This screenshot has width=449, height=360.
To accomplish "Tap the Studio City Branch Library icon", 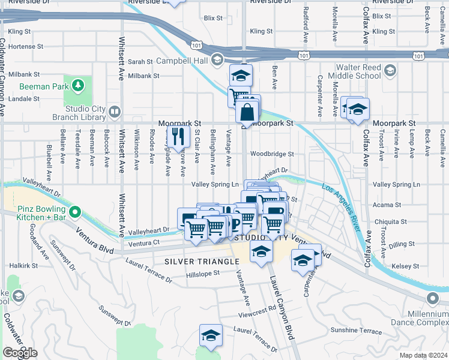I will (114, 112).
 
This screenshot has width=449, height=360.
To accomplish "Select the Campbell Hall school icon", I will (216, 61).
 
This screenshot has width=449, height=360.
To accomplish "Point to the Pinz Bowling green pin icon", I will (74, 211).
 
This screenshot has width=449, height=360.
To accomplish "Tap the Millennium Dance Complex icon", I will (432, 298).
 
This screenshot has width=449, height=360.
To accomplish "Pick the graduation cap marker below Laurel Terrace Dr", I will (211, 335).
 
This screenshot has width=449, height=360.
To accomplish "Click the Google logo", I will (20, 353).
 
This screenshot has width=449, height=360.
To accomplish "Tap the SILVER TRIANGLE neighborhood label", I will (202, 262).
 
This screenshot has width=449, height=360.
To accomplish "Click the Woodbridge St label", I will (272, 154).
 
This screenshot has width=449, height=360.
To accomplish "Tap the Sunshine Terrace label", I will (356, 331).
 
